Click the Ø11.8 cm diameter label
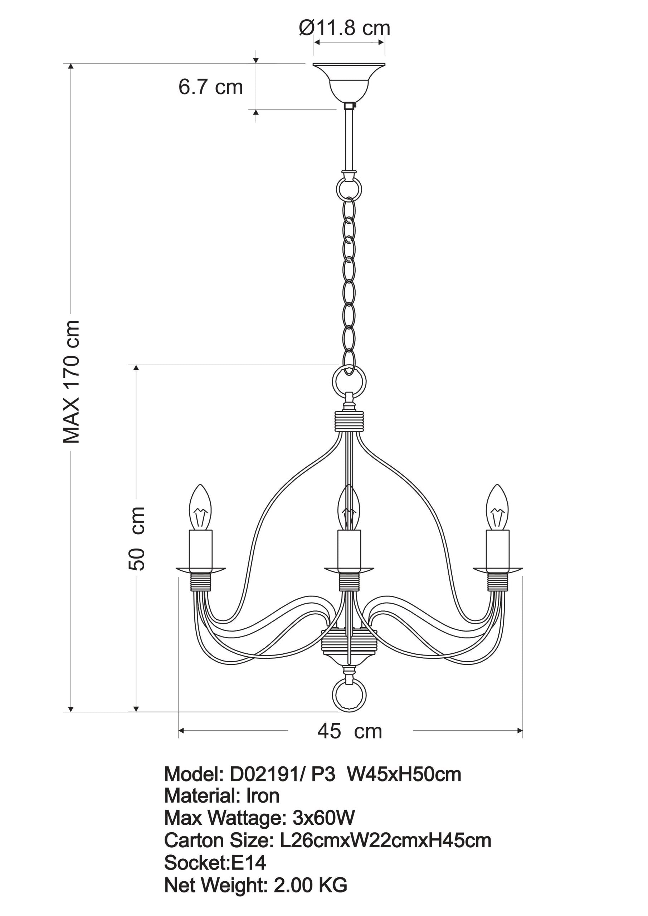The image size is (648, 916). [x=344, y=28]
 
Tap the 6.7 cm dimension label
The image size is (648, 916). [x=210, y=87]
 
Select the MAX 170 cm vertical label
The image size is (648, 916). [x=72, y=382]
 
